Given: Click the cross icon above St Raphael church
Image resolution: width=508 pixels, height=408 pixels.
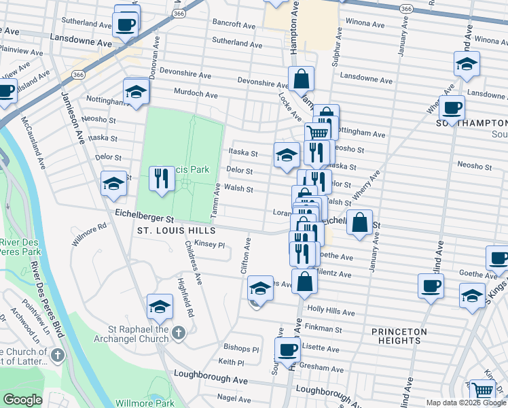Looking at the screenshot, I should coord(178,332).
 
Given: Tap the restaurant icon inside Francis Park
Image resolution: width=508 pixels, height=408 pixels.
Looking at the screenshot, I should coord(161,180).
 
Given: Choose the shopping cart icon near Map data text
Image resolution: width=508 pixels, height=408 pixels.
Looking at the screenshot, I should coord(483,390).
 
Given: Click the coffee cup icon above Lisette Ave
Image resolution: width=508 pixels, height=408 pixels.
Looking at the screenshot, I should coord(288,350).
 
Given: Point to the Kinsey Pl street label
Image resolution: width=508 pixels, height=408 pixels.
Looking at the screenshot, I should coord(209,244).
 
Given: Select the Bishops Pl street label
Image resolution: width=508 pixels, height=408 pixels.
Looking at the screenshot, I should coord(241,348).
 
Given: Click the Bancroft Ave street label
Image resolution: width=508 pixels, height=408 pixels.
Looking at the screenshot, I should coord(232,24).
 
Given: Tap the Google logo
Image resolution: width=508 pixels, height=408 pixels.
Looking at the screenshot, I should coord(22,400).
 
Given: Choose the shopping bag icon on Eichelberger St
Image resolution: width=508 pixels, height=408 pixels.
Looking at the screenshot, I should coord(359,222).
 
